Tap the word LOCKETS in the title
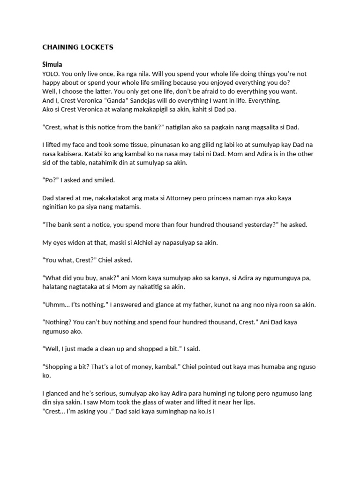pos(97,47)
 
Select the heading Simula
pos(52,64)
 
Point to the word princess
pos(222,198)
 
